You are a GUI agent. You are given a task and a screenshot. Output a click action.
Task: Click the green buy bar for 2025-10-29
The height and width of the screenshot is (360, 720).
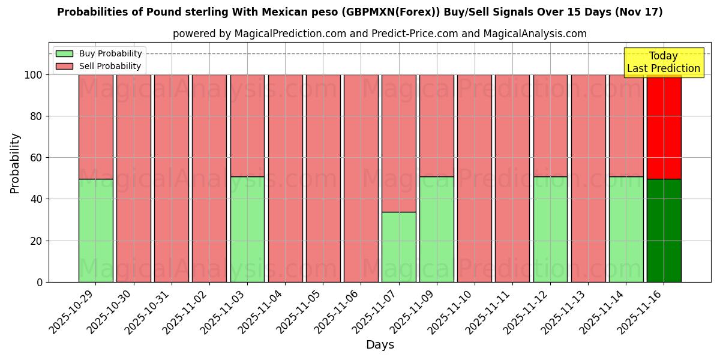click(x=95, y=230)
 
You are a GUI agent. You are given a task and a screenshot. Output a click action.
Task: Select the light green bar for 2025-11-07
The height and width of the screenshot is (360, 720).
click(x=398, y=247)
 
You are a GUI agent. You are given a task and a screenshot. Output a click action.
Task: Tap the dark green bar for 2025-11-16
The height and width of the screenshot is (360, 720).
click(x=664, y=230)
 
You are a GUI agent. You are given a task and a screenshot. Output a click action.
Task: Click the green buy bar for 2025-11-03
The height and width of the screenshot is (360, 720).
click(x=247, y=229)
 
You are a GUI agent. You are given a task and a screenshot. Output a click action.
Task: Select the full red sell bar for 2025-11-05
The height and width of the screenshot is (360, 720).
click(x=323, y=178)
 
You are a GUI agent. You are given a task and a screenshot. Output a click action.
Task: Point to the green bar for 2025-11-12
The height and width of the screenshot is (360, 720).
click(x=550, y=229)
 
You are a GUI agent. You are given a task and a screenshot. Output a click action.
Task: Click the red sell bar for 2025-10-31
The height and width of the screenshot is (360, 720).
click(x=171, y=178)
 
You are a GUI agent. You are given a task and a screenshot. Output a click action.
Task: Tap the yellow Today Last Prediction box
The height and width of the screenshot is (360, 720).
click(x=663, y=62)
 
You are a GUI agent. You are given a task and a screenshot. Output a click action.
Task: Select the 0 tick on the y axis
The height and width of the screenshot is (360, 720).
click(x=40, y=282)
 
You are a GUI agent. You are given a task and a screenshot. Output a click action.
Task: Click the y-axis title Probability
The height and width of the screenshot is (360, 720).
click(x=15, y=163)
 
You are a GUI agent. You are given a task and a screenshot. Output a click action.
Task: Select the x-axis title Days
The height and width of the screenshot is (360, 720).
click(x=380, y=345)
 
